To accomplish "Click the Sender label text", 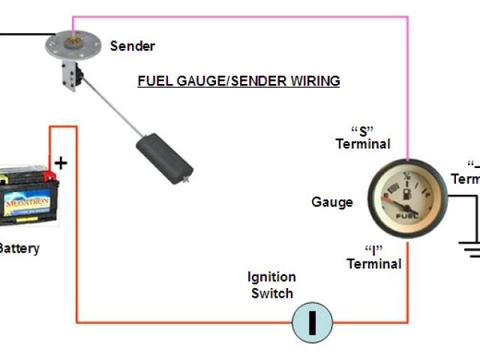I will (x=133, y=46).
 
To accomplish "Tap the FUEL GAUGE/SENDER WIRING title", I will (x=238, y=80).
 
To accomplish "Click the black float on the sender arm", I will (x=163, y=157).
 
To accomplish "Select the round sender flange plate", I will (x=72, y=42).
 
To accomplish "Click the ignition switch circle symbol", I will (x=311, y=322).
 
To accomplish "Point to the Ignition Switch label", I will (x=271, y=285).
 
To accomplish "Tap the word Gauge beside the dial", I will (x=331, y=202).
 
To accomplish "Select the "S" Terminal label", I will (x=363, y=136).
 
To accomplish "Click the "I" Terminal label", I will (x=373, y=256).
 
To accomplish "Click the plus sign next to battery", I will (x=61, y=163).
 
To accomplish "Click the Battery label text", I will (x=19, y=248).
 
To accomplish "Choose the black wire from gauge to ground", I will (x=461, y=196).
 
